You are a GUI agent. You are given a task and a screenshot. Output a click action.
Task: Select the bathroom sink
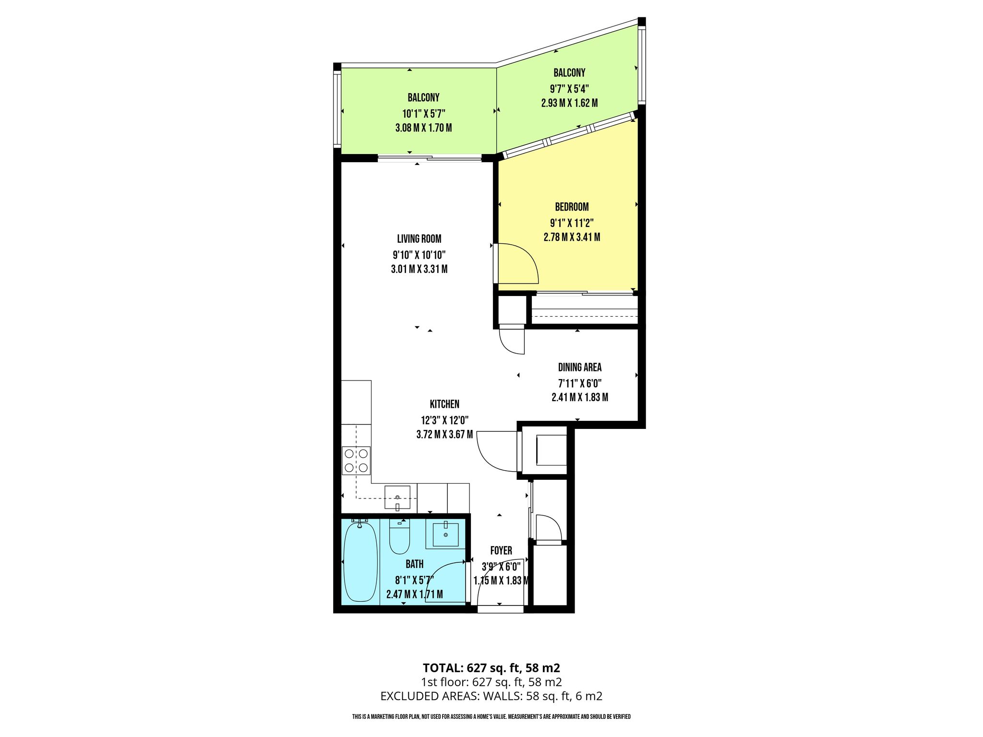pyautogui.click(x=445, y=535)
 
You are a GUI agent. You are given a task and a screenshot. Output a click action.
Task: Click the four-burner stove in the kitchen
pyautogui.click(x=356, y=460)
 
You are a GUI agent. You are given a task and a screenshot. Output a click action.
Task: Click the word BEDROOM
pyautogui.click(x=572, y=207)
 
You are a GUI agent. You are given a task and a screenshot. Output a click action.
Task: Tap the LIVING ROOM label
pyautogui.click(x=419, y=238)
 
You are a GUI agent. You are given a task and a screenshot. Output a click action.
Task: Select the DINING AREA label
pyautogui.click(x=579, y=368)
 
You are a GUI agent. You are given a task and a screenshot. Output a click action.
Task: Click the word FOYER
pyautogui.click(x=501, y=551)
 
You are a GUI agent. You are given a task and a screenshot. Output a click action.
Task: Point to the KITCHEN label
pyautogui.click(x=444, y=404)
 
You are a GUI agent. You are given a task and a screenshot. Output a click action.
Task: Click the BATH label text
pyautogui.click(x=415, y=564)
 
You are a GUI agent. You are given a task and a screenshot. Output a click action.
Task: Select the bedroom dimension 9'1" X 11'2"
pyautogui.click(x=572, y=223)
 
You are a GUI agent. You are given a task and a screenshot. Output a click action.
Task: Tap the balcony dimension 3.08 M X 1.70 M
pyautogui.click(x=423, y=128)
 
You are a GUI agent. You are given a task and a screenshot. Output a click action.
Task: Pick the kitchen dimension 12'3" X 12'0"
pyautogui.click(x=444, y=420)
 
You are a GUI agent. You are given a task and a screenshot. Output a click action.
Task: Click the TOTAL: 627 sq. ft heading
pyautogui.click(x=491, y=668)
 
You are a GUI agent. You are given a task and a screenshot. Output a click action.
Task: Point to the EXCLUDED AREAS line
pyautogui.click(x=491, y=696)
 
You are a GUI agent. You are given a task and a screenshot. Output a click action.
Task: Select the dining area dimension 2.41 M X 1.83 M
pyautogui.click(x=580, y=397)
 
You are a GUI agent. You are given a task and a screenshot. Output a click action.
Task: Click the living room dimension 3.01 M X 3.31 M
pyautogui.click(x=419, y=269)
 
